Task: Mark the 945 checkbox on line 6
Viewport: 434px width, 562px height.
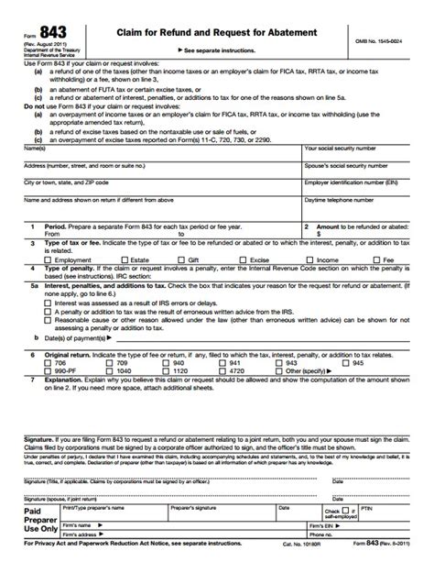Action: [x=346, y=363]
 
